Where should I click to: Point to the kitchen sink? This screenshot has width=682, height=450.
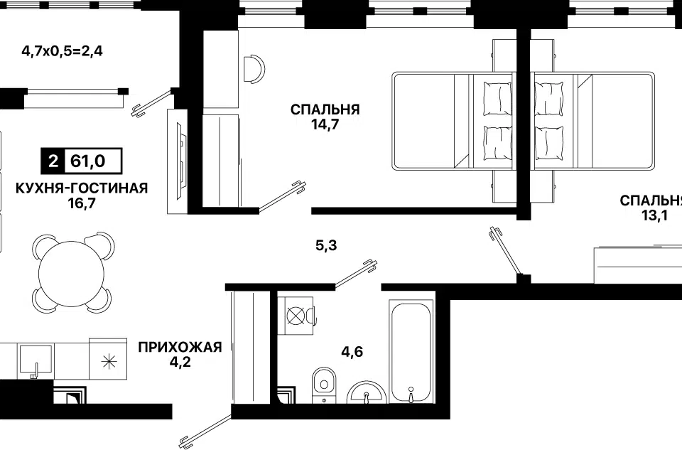[x=35, y=361]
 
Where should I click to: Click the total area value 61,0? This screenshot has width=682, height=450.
[x=88, y=161]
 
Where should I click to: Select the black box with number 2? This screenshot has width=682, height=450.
[x=53, y=161]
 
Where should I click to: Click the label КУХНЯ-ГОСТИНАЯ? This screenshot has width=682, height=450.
[x=82, y=188]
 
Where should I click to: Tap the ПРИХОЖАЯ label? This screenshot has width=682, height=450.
[x=180, y=348]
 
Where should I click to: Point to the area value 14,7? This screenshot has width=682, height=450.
[x=325, y=125]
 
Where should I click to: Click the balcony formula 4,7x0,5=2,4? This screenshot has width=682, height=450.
[x=63, y=51]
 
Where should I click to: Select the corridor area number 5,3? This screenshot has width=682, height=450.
[x=326, y=245]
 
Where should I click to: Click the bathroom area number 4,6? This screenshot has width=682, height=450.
[x=352, y=351]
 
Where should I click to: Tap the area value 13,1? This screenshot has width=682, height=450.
[x=654, y=215]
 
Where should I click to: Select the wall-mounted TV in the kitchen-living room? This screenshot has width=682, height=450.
[x=178, y=161]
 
